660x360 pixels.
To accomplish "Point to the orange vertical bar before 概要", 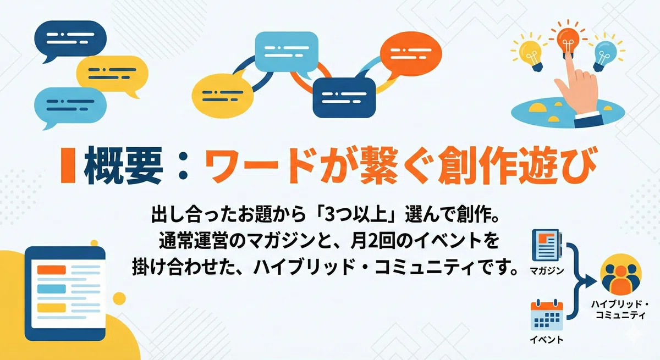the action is pos(68,165).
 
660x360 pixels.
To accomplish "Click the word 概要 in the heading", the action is pos(123,165).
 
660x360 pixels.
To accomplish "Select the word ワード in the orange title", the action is pos(260,166).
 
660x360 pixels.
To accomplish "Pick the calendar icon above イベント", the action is pos(547,315).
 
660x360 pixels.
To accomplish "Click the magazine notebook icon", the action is pos(547,245).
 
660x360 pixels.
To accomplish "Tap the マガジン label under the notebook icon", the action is pos(547,270).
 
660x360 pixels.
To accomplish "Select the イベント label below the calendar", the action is pos(547,340).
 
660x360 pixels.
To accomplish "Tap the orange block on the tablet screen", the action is pos(52,270).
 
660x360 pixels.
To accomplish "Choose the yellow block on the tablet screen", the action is pos(52,308).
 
